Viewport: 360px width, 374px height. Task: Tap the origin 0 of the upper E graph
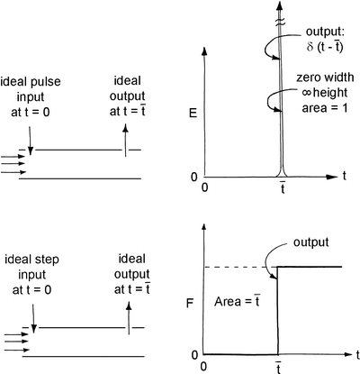[x=207, y=187]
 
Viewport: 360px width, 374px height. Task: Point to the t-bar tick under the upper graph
[x=279, y=187]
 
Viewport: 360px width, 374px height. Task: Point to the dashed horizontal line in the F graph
[x=236, y=267]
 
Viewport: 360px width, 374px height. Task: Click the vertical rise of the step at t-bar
[x=278, y=311]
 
